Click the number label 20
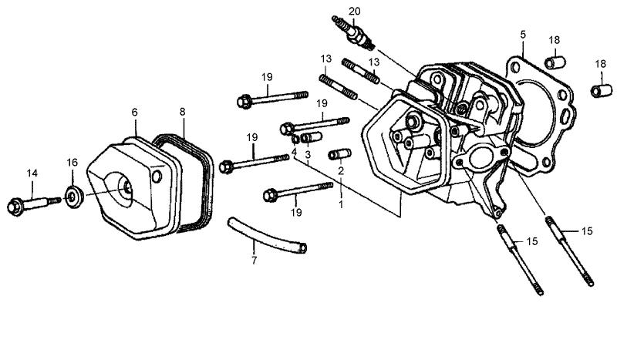pyautogui.click(x=354, y=11)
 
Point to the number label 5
pyautogui.click(x=522, y=35)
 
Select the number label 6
pyautogui.click(x=134, y=113)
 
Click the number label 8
pyautogui.click(x=183, y=112)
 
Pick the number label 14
pyautogui.click(x=32, y=173)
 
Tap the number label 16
pyautogui.click(x=72, y=163)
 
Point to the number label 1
pyautogui.click(x=341, y=206)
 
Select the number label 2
pyautogui.click(x=340, y=170)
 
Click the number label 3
pyautogui.click(x=307, y=155)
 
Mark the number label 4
pyautogui.click(x=294, y=152)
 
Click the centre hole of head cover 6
pyautogui.click(x=124, y=185)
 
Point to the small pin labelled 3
pyautogui.click(x=311, y=139)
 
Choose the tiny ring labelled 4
pyautogui.click(x=295, y=139)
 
